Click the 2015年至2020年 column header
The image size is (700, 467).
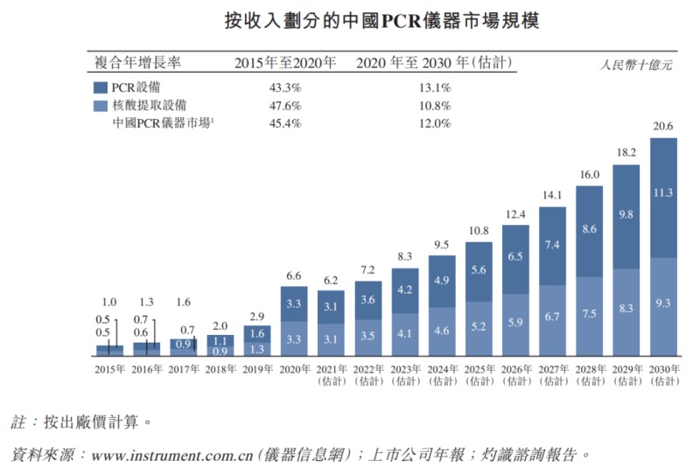click(x=285, y=62)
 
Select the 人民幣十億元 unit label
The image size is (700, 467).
click(x=636, y=65)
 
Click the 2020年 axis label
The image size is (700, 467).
click(x=294, y=370)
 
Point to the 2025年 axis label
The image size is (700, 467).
click(x=478, y=370)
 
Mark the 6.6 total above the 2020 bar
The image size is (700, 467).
click(x=294, y=275)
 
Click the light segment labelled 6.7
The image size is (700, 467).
click(x=552, y=317)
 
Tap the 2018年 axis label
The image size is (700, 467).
click(x=220, y=370)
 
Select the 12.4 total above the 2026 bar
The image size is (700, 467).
click(x=515, y=215)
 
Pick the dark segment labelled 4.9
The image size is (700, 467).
click(x=442, y=280)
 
